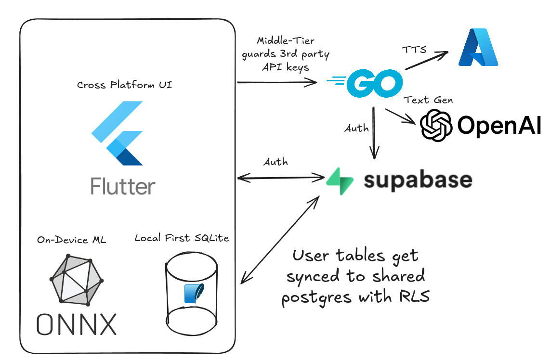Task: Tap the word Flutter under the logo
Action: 123,186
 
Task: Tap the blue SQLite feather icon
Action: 192,294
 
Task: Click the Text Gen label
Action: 429,100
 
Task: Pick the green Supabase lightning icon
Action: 340,181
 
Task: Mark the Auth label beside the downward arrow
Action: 356,129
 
